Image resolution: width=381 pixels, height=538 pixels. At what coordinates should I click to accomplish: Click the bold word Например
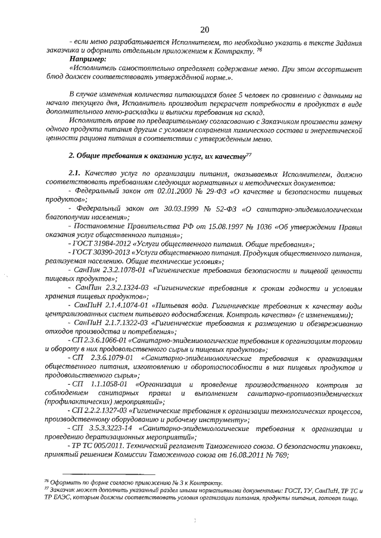pos(89,59)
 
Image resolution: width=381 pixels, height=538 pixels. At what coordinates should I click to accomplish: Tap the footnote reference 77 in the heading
pos(249,154)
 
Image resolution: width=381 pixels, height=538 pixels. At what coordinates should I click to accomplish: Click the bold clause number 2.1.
pos(76,173)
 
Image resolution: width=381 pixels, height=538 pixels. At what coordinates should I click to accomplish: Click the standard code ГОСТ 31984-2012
pos(99,244)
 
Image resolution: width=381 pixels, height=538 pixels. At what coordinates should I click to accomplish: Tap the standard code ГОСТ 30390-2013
pos(99,253)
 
